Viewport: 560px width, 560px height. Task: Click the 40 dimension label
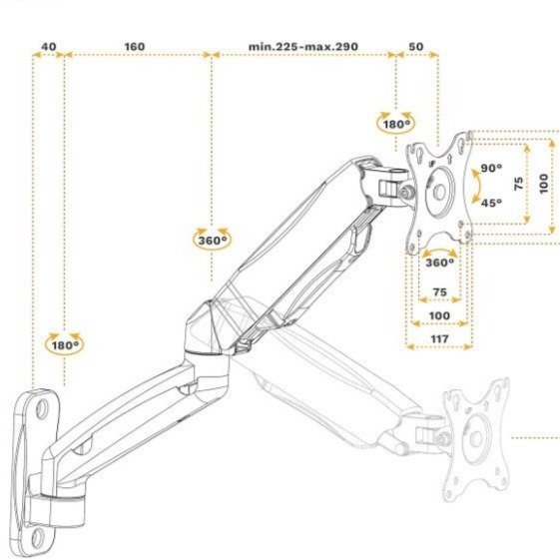49,47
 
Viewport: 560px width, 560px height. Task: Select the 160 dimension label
135,47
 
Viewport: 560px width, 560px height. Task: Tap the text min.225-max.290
302,47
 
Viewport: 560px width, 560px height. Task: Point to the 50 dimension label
416,47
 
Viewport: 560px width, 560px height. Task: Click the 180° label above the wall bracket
65,345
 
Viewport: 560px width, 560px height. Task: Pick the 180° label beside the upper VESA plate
396,125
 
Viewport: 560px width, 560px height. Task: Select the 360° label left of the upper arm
213,241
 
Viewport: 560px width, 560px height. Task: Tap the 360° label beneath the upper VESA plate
439,263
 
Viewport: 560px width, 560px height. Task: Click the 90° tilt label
491,168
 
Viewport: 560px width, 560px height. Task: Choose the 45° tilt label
491,203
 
